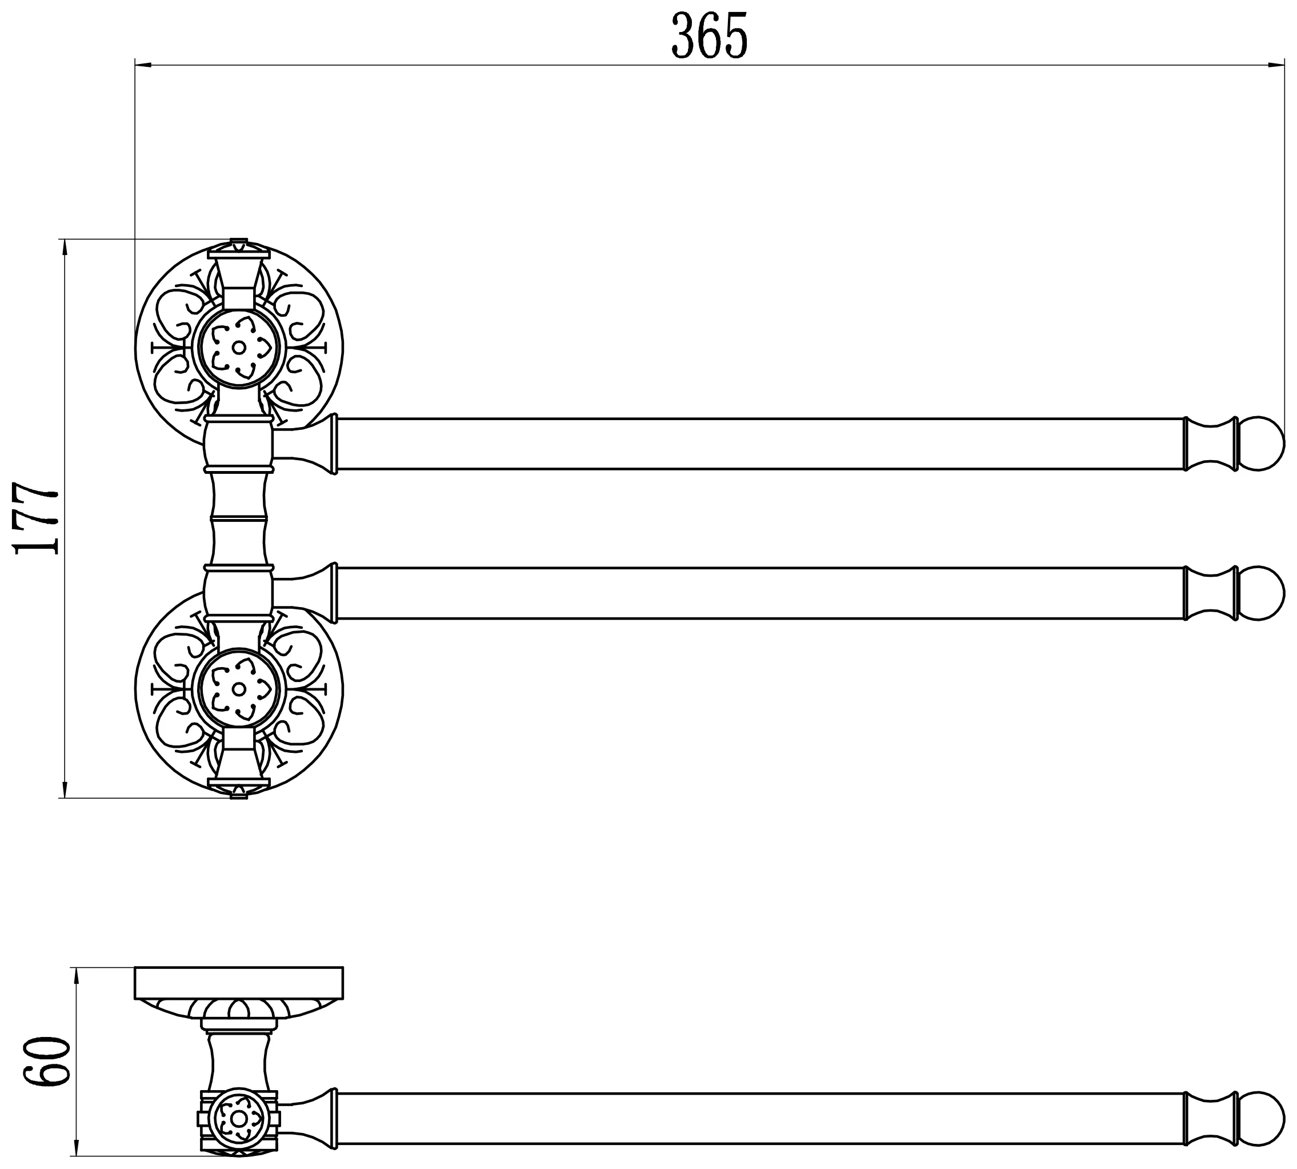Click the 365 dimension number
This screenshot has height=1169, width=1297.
[x=710, y=36]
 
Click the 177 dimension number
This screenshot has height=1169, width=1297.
[x=37, y=518]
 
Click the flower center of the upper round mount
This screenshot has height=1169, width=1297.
[x=239, y=348]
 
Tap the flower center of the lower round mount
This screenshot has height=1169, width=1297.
[x=239, y=689]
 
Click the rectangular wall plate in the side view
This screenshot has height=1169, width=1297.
[x=239, y=983]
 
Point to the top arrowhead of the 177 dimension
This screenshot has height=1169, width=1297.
[x=65, y=248]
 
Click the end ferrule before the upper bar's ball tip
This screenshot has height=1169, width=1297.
[x=1210, y=444]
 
